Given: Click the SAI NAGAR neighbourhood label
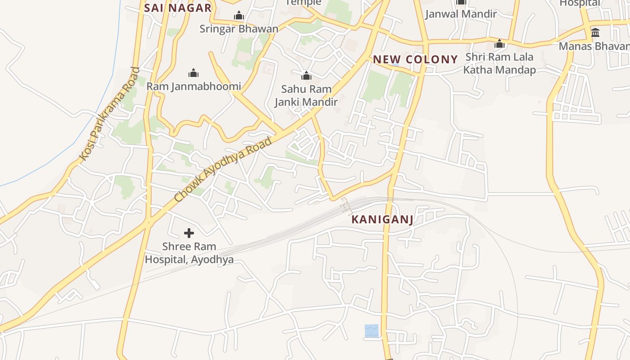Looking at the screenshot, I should [178, 8].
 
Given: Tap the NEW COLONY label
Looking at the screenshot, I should [415, 59].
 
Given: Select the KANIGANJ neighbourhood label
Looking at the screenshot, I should [382, 220].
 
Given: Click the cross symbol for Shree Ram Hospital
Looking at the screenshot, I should [189, 233].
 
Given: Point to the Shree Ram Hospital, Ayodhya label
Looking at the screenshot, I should [189, 253].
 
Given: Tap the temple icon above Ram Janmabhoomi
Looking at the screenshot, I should [193, 73].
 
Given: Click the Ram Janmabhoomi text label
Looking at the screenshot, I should [193, 86].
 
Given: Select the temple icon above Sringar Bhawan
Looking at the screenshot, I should [238, 16].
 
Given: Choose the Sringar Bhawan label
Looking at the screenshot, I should [238, 29].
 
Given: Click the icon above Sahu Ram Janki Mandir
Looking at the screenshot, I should [306, 76].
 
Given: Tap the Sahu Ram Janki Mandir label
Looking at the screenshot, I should [306, 95].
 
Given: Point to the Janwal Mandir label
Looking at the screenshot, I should [461, 14].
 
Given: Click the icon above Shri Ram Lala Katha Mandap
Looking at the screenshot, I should [499, 44].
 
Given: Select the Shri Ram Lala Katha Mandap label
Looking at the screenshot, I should [499, 63].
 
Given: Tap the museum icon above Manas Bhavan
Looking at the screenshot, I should [595, 32].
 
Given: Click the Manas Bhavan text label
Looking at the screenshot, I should [594, 46].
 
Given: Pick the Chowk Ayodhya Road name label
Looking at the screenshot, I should [223, 169].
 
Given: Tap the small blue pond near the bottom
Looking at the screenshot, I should [371, 331].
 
